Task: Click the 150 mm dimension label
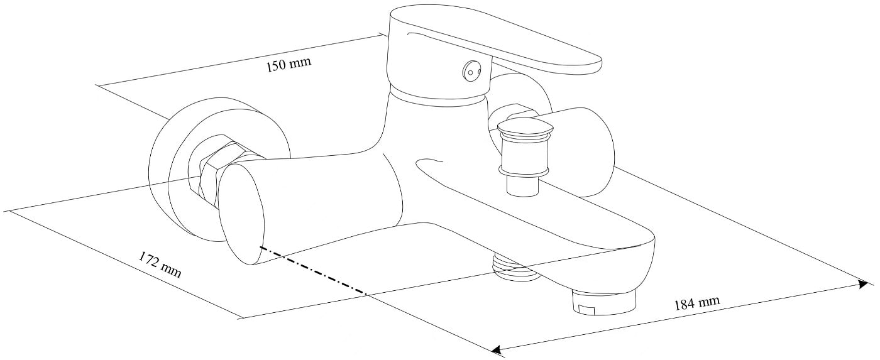point(289,64)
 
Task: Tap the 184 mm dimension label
point(697,303)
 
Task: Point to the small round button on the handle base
point(470,72)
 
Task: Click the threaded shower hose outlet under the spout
point(515,266)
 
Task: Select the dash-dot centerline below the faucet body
point(313,271)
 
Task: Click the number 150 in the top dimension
point(277,67)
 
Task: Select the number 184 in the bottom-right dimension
point(685,305)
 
